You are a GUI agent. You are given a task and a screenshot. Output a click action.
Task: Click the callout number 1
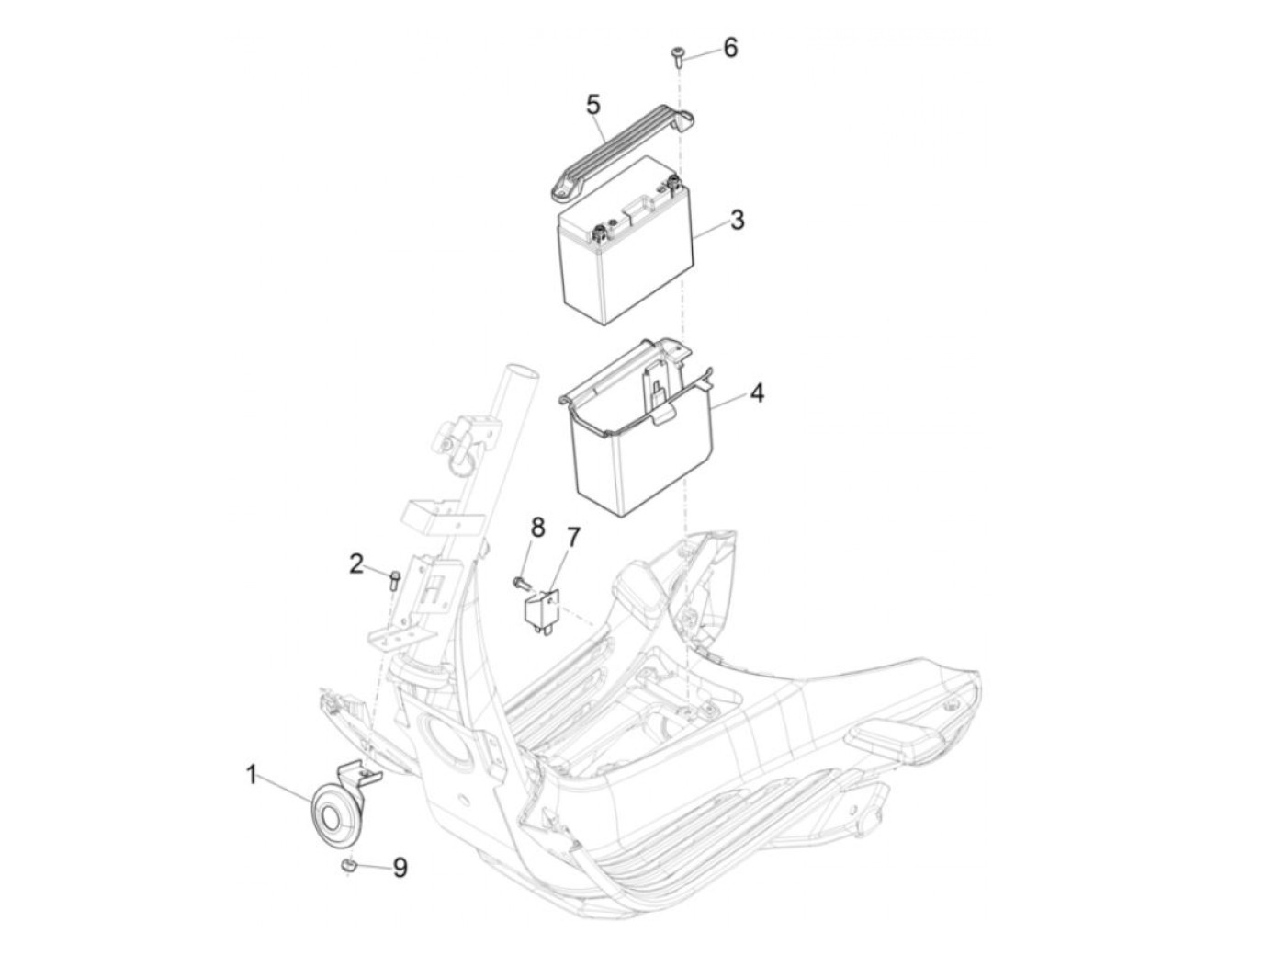click(252, 777)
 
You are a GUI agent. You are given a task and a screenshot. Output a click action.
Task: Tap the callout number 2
click(356, 563)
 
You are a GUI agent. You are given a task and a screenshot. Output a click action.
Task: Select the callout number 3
click(737, 221)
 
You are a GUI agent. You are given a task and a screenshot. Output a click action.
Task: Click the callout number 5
click(592, 104)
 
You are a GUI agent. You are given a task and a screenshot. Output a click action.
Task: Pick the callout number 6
click(730, 47)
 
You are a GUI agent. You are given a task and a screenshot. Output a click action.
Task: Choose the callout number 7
click(573, 537)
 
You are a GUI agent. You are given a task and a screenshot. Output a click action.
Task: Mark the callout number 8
click(537, 528)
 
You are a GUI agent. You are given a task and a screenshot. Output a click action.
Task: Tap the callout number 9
click(400, 867)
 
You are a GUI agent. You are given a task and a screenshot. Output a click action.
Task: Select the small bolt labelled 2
click(394, 578)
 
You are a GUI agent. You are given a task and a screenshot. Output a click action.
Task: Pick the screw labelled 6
click(677, 57)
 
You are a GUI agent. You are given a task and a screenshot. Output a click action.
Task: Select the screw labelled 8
click(520, 581)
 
